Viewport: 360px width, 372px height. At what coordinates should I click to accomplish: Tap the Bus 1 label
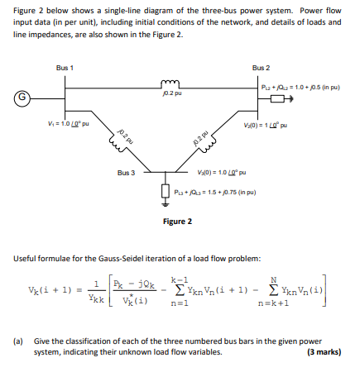point(65,67)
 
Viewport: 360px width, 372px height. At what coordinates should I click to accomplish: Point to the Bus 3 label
point(127,173)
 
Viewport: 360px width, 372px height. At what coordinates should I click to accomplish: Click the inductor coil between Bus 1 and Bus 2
point(172,83)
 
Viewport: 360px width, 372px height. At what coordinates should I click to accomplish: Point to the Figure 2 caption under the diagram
point(177,221)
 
